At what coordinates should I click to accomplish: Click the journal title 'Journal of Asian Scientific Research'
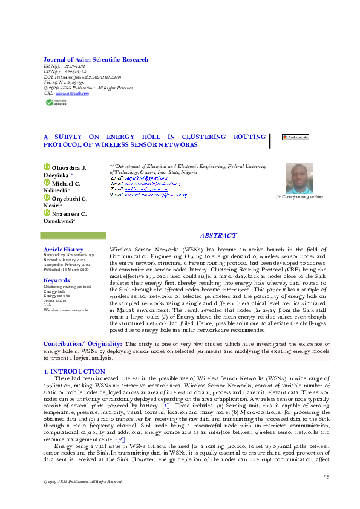[x=96, y=60]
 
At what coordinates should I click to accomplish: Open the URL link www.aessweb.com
[x=72, y=94]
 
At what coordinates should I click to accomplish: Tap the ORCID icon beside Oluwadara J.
[x=47, y=167]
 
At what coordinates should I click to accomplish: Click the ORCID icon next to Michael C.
[x=47, y=182]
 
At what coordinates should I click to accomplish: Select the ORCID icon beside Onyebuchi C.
[x=47, y=198]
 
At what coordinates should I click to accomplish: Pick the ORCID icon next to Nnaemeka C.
[x=47, y=213]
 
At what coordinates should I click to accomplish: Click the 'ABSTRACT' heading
[x=218, y=236]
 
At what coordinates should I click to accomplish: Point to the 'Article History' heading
[x=64, y=250]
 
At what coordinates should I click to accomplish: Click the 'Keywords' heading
[x=57, y=280]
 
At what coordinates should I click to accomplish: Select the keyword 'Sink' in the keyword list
[x=48, y=305]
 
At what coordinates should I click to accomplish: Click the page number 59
[x=326, y=477]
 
